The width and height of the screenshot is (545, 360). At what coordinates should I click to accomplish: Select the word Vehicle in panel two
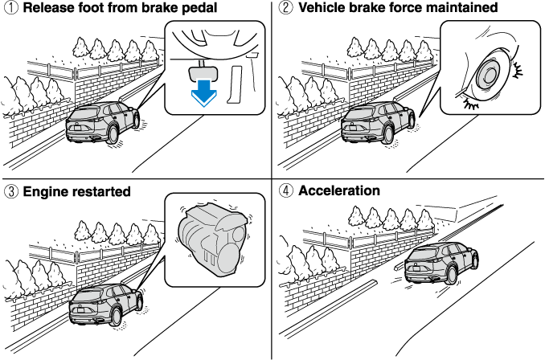tap(322, 9)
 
